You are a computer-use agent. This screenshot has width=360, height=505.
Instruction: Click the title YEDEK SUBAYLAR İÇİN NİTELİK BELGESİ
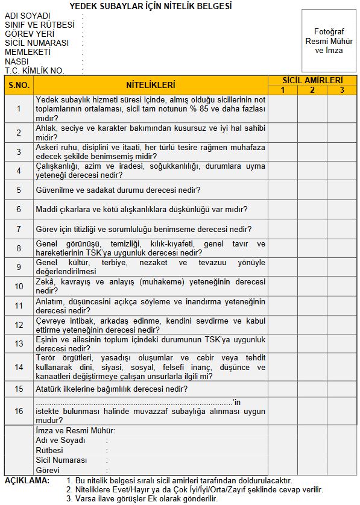click(x=150, y=6)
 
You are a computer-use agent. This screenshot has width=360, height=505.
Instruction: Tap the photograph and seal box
click(x=329, y=41)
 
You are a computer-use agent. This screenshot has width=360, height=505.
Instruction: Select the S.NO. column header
click(x=19, y=85)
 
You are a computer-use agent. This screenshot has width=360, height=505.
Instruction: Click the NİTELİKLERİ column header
click(x=151, y=85)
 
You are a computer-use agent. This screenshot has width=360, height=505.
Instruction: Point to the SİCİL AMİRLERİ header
click(x=312, y=80)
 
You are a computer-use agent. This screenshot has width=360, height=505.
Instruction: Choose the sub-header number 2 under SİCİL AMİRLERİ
click(x=312, y=90)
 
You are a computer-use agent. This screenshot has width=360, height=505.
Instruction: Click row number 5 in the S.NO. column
click(x=19, y=190)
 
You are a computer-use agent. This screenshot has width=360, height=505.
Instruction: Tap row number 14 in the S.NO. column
click(x=19, y=367)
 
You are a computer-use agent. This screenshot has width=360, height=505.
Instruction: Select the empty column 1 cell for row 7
click(x=282, y=229)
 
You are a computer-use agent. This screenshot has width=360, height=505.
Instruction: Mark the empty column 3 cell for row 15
click(x=342, y=389)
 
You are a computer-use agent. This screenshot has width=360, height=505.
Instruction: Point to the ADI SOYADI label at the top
click(x=28, y=16)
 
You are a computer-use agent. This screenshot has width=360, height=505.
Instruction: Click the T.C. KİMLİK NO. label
click(x=34, y=71)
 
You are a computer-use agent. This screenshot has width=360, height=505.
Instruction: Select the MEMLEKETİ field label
click(x=28, y=52)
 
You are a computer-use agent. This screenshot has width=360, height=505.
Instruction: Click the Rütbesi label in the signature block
click(x=49, y=450)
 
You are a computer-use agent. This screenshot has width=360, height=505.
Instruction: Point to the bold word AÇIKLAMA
click(x=27, y=480)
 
